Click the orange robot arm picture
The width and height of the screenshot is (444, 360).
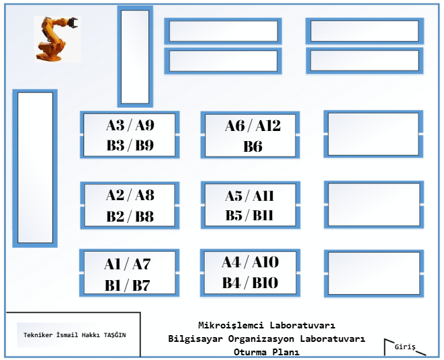[x=56, y=38]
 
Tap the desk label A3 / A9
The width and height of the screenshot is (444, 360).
[x=130, y=125]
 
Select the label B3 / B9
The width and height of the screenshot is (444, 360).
[x=130, y=145]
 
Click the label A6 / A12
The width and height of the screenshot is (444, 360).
[x=253, y=125]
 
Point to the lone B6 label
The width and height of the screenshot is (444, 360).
[x=253, y=146]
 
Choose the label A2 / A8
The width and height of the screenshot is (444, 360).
[x=130, y=195]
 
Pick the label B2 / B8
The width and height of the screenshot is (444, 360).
[x=130, y=216]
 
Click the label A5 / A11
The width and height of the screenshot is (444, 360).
[x=250, y=196]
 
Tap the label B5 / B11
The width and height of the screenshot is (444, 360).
[x=250, y=216]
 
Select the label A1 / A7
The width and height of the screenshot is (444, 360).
[x=128, y=265]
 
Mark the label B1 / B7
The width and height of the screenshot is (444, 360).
[x=128, y=285]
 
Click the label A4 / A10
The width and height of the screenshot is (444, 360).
[x=250, y=262]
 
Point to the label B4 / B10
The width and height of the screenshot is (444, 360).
[x=250, y=283]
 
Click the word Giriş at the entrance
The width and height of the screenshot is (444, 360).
[x=405, y=347]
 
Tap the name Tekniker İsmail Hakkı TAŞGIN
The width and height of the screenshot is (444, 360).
[x=75, y=335]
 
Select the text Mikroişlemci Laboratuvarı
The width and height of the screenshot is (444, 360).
[x=267, y=325]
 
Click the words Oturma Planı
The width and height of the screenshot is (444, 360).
[x=267, y=352]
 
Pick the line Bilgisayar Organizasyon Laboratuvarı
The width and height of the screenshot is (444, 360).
[x=267, y=339]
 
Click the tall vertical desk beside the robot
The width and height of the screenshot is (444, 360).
[x=135, y=56]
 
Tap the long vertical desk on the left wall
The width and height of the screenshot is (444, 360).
[x=35, y=167]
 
